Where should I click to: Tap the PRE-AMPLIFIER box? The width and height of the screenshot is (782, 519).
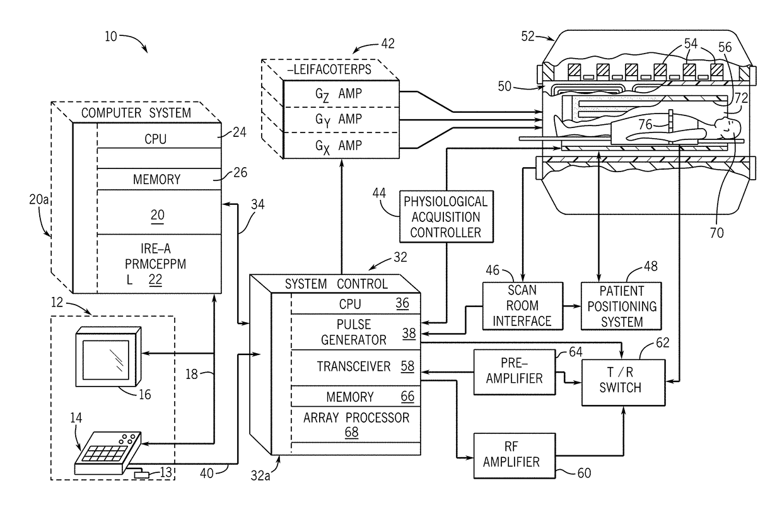coord(515,372)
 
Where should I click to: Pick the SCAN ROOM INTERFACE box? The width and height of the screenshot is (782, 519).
coord(522,305)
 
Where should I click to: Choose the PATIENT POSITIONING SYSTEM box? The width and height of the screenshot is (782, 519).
coord(621,306)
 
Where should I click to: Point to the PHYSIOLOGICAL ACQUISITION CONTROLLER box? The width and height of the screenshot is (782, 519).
coord(446,217)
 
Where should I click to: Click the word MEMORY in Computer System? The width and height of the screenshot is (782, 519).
coord(156,180)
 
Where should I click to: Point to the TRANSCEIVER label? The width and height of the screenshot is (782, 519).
coord(354,366)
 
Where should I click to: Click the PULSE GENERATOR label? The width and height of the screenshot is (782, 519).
coord(354,332)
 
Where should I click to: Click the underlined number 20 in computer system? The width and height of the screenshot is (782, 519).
coord(157,215)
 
